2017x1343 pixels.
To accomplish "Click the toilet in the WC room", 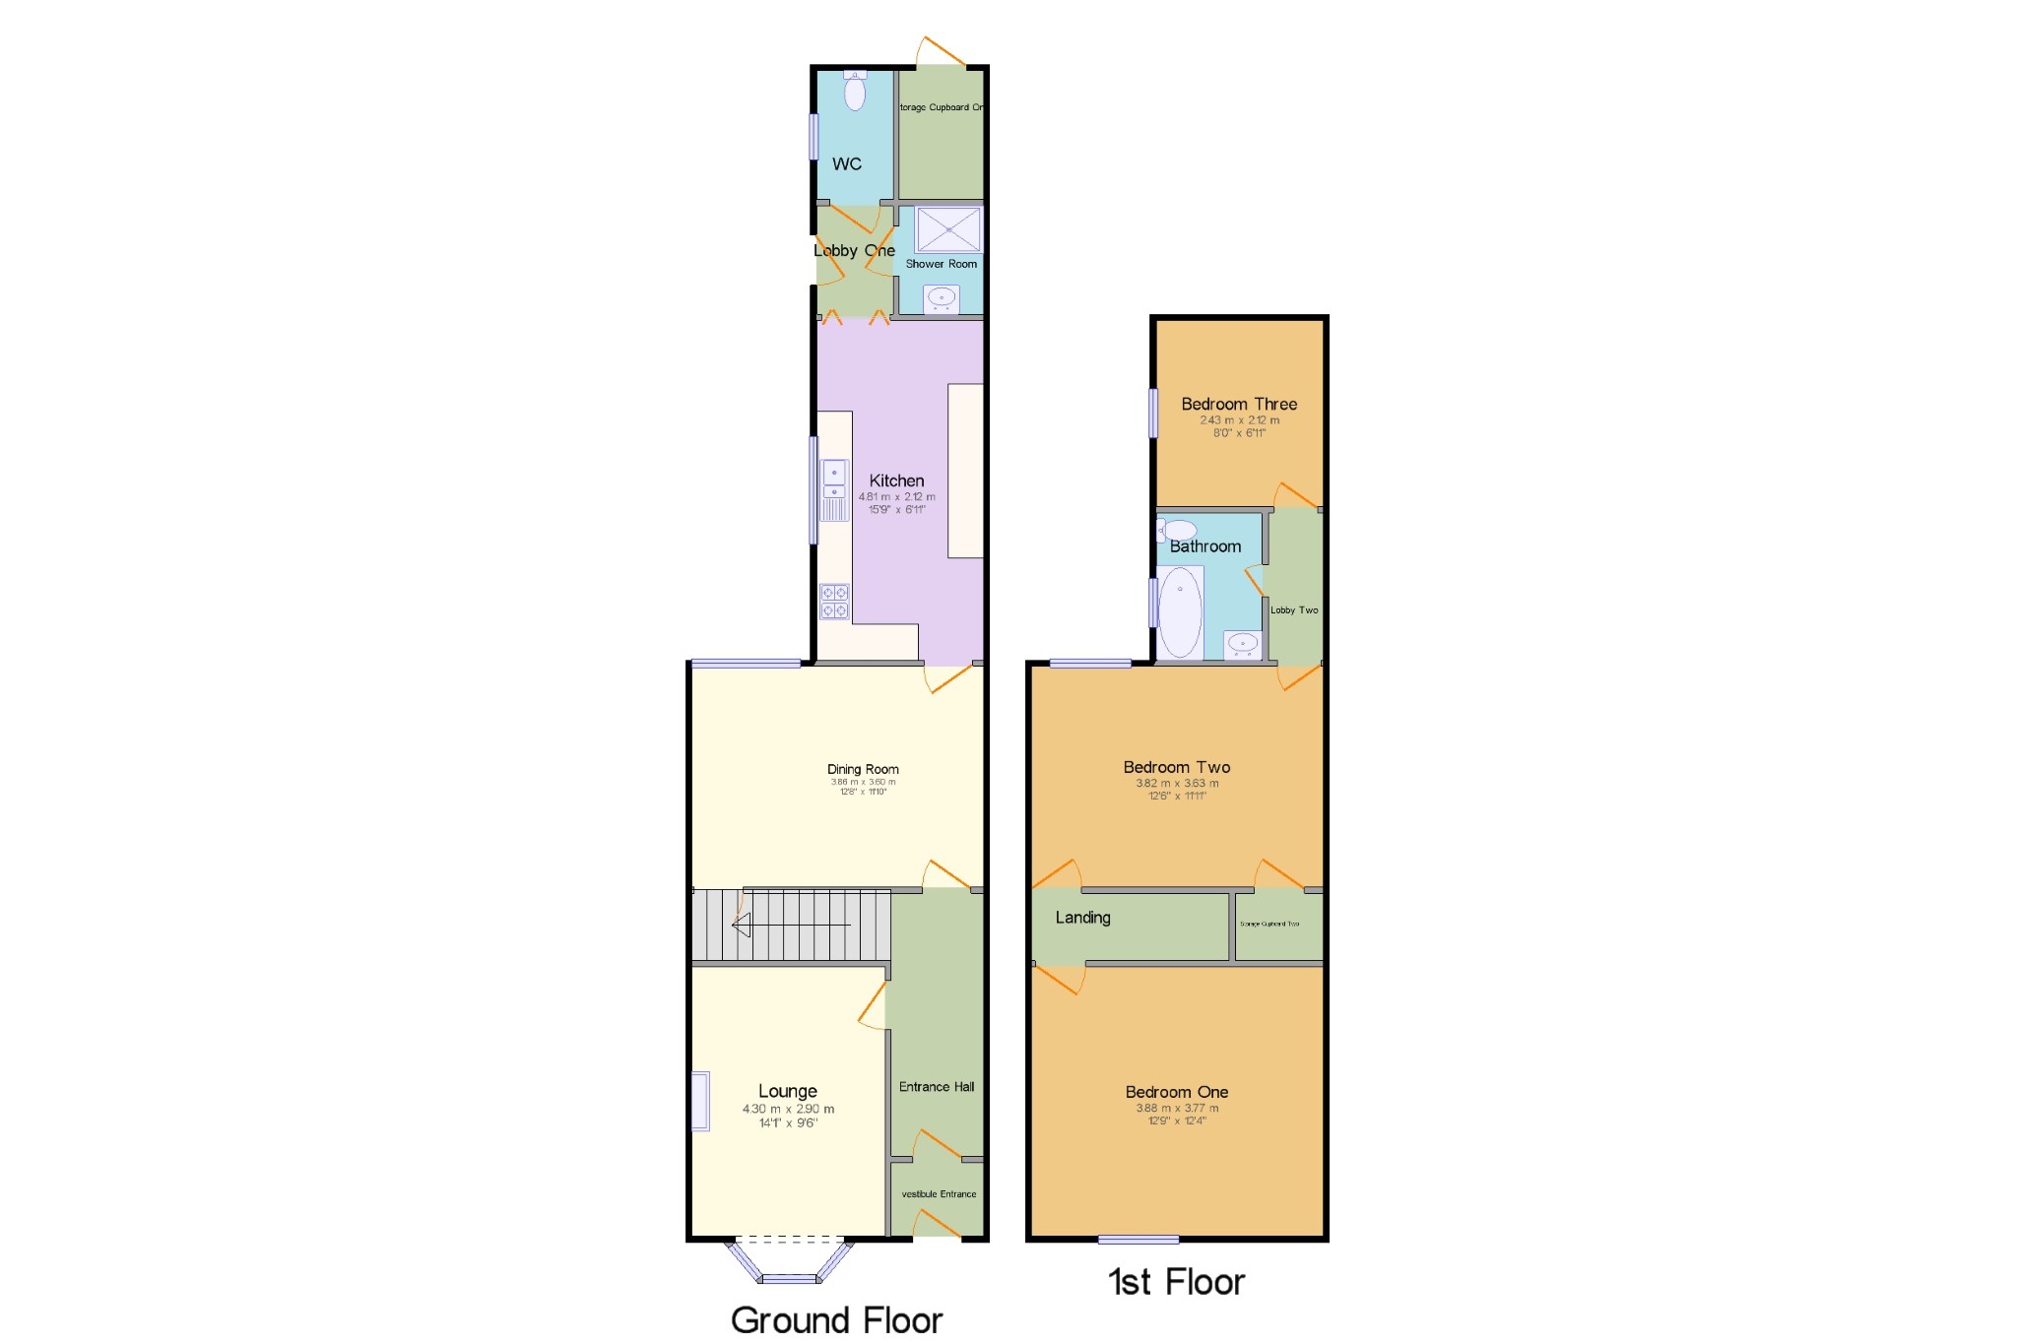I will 855,91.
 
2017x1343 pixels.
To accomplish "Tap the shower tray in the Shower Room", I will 947,229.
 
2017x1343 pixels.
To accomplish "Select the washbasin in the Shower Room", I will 942,298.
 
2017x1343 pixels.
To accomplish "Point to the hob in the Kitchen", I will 834,601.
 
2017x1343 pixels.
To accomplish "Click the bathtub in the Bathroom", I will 1180,611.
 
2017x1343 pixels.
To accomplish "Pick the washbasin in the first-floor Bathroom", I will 1243,645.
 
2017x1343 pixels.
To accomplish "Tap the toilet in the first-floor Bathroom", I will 1177,530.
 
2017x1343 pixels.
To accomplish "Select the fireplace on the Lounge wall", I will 700,1101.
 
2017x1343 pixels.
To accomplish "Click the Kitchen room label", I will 896,480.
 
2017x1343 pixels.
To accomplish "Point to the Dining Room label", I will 863,769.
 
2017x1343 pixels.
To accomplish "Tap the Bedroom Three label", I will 1239,404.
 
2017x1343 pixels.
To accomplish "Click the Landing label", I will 1082,918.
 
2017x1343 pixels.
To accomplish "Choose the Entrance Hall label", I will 937,1087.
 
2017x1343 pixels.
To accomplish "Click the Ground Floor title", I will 836,1319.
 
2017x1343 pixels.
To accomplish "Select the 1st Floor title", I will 1176,1282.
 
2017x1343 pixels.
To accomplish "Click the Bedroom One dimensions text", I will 1177,1114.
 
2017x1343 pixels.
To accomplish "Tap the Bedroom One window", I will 1139,1239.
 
